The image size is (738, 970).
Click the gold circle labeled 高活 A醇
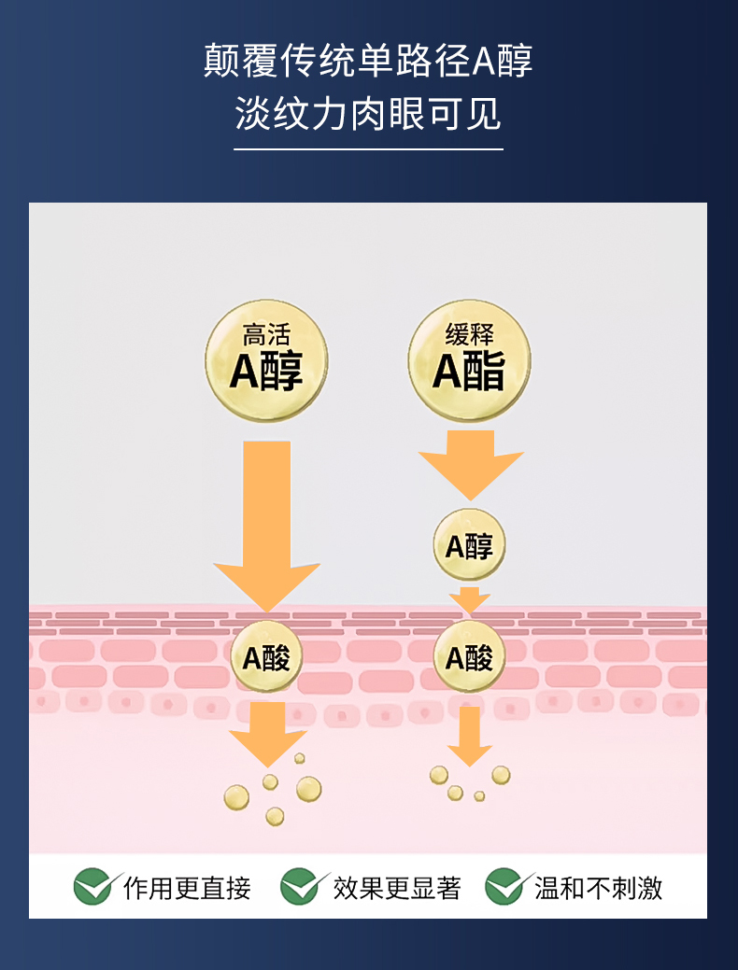pyautogui.click(x=266, y=359)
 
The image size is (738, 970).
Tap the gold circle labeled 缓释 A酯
pyautogui.click(x=469, y=359)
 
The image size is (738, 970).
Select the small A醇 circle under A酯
pyautogui.click(x=469, y=545)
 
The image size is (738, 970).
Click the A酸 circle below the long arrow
pyautogui.click(x=266, y=657)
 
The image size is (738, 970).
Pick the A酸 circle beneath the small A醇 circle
pyautogui.click(x=469, y=657)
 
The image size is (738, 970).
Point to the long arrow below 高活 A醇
pyautogui.click(x=266, y=523)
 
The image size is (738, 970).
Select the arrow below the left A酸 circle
pyautogui.click(x=268, y=732)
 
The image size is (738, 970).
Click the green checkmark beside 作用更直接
pyautogui.click(x=94, y=886)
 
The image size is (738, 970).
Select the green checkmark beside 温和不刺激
pyautogui.click(x=505, y=886)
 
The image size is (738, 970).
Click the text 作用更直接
pyautogui.click(x=187, y=888)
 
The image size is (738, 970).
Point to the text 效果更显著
pyautogui.click(x=397, y=888)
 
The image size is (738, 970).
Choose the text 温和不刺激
pyautogui.click(x=598, y=888)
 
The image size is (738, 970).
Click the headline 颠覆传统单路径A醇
pyautogui.click(x=368, y=62)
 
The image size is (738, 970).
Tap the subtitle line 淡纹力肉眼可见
pyautogui.click(x=368, y=116)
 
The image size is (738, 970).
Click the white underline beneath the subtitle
pyautogui.click(x=368, y=148)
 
